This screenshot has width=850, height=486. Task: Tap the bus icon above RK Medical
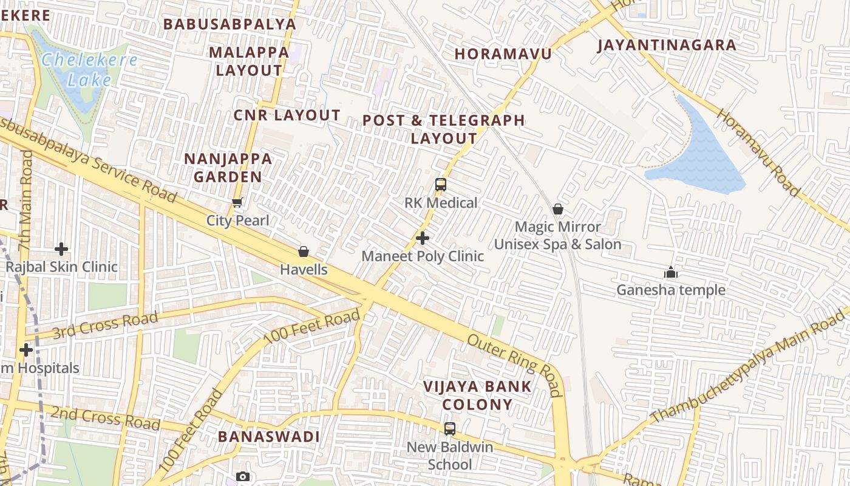(441, 185)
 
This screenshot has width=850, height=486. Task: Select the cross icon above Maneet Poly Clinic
(423, 238)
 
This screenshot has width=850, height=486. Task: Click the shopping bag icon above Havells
(304, 252)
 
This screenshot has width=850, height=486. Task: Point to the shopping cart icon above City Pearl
(237, 202)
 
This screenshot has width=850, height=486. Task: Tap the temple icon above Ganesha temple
(670, 272)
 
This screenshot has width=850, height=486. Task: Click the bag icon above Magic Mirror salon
(557, 210)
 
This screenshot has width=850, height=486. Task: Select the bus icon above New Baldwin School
(449, 429)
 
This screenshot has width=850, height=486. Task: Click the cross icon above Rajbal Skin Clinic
(61, 249)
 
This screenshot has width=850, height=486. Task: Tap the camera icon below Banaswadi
(243, 476)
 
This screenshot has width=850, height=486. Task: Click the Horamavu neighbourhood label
(503, 54)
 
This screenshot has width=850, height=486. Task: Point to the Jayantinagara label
(667, 45)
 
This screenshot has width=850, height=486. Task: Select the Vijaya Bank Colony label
(477, 395)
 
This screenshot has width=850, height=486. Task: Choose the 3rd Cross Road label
(105, 326)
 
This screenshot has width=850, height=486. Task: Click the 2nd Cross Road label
(105, 419)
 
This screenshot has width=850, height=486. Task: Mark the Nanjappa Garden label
(228, 168)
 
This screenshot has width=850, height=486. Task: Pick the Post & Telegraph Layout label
(444, 129)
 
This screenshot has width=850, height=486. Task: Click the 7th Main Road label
(25, 200)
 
